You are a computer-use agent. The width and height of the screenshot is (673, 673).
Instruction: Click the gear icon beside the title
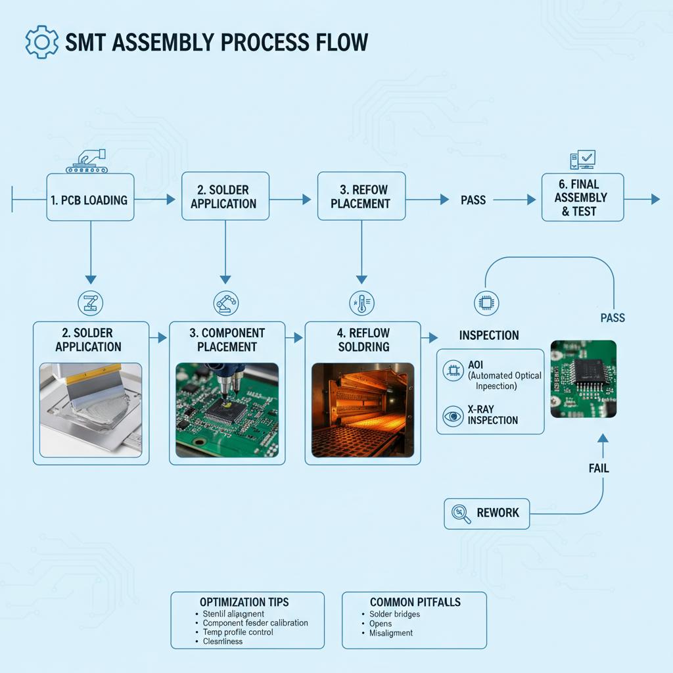tap(41, 41)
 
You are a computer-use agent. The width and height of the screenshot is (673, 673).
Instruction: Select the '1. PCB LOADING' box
tap(90, 197)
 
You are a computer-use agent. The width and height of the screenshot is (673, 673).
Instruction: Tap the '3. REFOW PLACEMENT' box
tap(360, 197)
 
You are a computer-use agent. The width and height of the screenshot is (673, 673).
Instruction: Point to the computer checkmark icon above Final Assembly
tap(582, 160)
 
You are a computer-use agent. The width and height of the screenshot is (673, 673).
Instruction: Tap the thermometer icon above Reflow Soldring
tap(361, 303)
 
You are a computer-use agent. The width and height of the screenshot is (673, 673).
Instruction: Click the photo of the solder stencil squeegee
tap(91, 409)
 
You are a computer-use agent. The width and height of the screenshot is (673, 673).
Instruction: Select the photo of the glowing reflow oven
tap(363, 409)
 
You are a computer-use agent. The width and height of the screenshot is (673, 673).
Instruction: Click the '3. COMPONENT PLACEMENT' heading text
tap(227, 340)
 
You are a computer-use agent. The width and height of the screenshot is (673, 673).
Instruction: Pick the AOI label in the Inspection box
tap(475, 365)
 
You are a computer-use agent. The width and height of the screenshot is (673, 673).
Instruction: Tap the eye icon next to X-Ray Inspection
tap(453, 415)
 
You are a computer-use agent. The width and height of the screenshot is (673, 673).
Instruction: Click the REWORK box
tap(486, 513)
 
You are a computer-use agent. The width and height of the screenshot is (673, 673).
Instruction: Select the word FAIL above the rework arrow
tap(598, 469)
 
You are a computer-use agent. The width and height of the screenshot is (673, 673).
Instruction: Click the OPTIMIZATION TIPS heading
tap(244, 602)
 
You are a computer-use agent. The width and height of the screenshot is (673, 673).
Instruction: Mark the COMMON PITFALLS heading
tap(415, 602)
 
